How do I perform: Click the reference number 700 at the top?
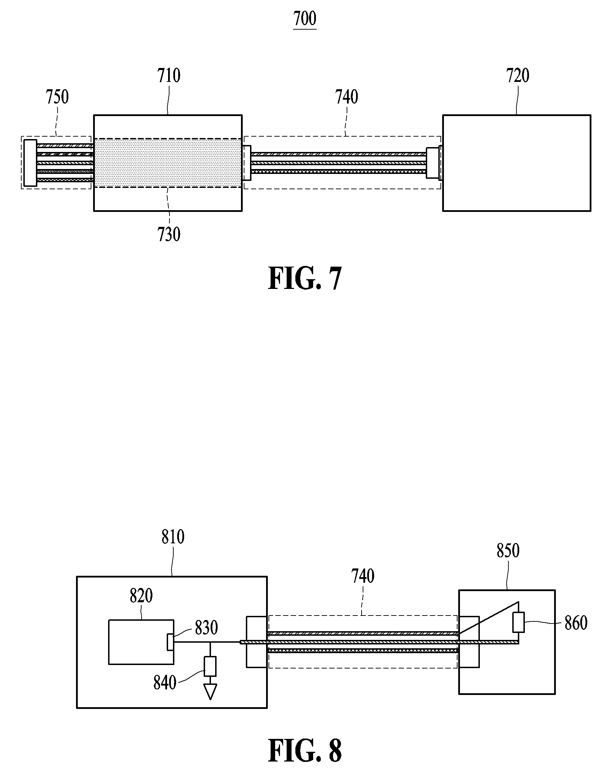tap(304, 18)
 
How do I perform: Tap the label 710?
tap(169, 76)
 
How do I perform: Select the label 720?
tap(517, 76)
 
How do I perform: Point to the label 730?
tap(169, 235)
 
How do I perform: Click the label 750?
tap(57, 97)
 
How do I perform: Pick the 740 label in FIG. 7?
tap(347, 97)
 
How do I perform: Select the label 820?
tap(141, 596)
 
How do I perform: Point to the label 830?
tap(206, 628)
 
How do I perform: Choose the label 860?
tap(576, 624)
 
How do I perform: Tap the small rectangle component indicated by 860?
tap(519, 622)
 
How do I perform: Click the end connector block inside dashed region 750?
tap(30, 162)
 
